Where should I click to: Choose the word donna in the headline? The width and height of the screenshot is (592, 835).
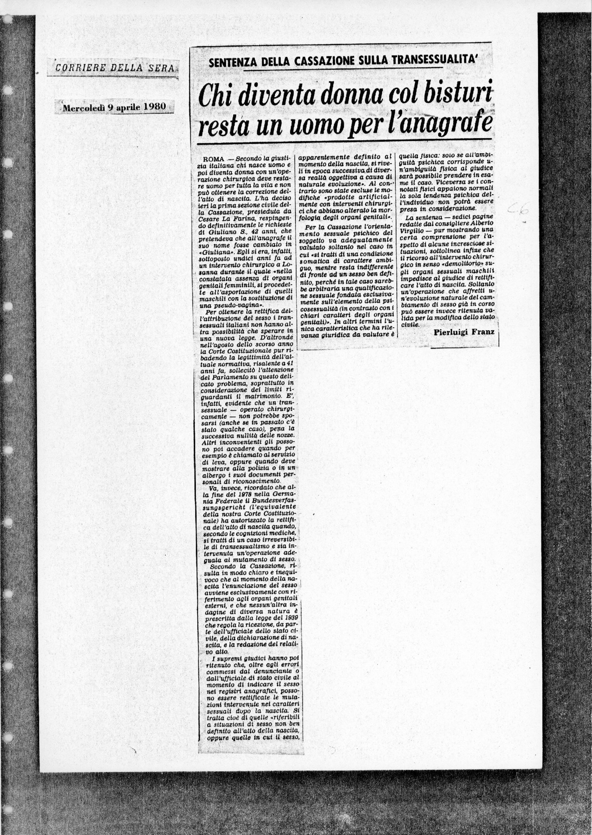tap(331, 96)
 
